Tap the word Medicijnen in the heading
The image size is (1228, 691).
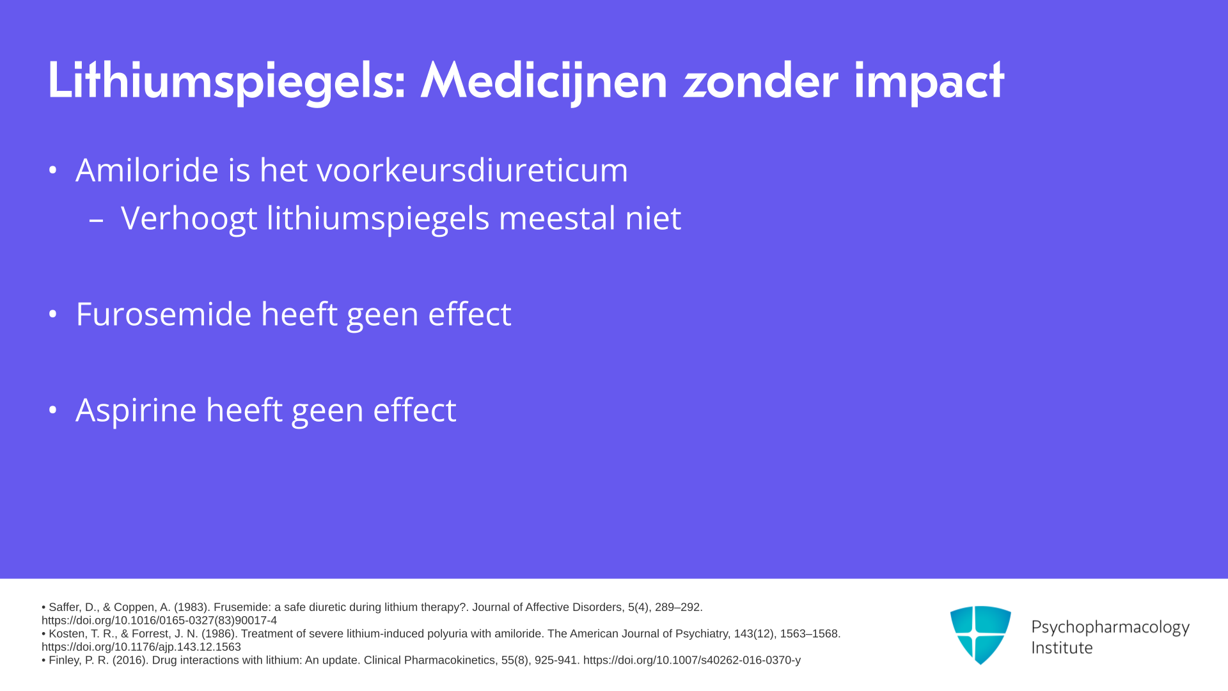[544, 81]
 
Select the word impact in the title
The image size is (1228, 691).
[929, 81]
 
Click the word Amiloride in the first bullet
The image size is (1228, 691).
[147, 170]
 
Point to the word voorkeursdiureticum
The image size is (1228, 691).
[473, 170]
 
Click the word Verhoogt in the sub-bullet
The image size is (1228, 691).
[189, 219]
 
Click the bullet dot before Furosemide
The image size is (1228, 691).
[53, 314]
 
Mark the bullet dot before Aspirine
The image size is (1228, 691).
[53, 410]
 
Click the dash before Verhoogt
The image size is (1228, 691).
[97, 220]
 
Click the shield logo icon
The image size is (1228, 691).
[980, 635]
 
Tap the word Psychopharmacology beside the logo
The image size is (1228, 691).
[1110, 628]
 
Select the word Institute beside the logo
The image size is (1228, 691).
[1062, 647]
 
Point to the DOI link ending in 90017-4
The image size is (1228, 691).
[159, 621]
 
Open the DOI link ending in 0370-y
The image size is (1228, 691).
[692, 660]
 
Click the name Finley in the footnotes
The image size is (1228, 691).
[64, 660]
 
